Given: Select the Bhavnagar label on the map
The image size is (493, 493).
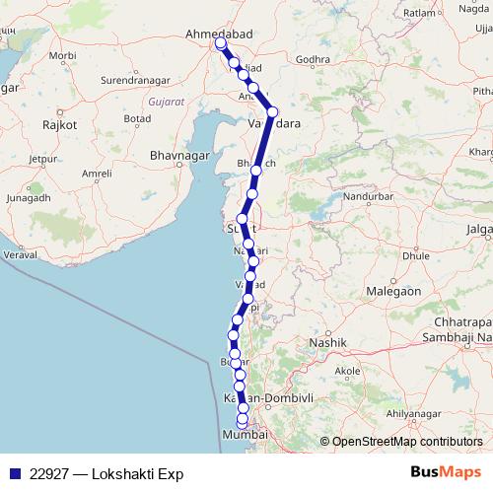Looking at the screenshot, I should pos(178,155).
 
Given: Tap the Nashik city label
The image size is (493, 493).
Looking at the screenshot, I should pos(329,342).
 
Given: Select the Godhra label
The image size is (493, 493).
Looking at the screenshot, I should pos(313,59).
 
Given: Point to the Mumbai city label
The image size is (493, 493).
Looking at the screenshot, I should pos(245,435).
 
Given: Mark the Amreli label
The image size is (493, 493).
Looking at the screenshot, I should pos(97,173).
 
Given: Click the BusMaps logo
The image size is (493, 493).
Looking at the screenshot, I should pos(447,472).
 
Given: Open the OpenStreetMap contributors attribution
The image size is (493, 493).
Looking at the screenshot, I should pos(407,441).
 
